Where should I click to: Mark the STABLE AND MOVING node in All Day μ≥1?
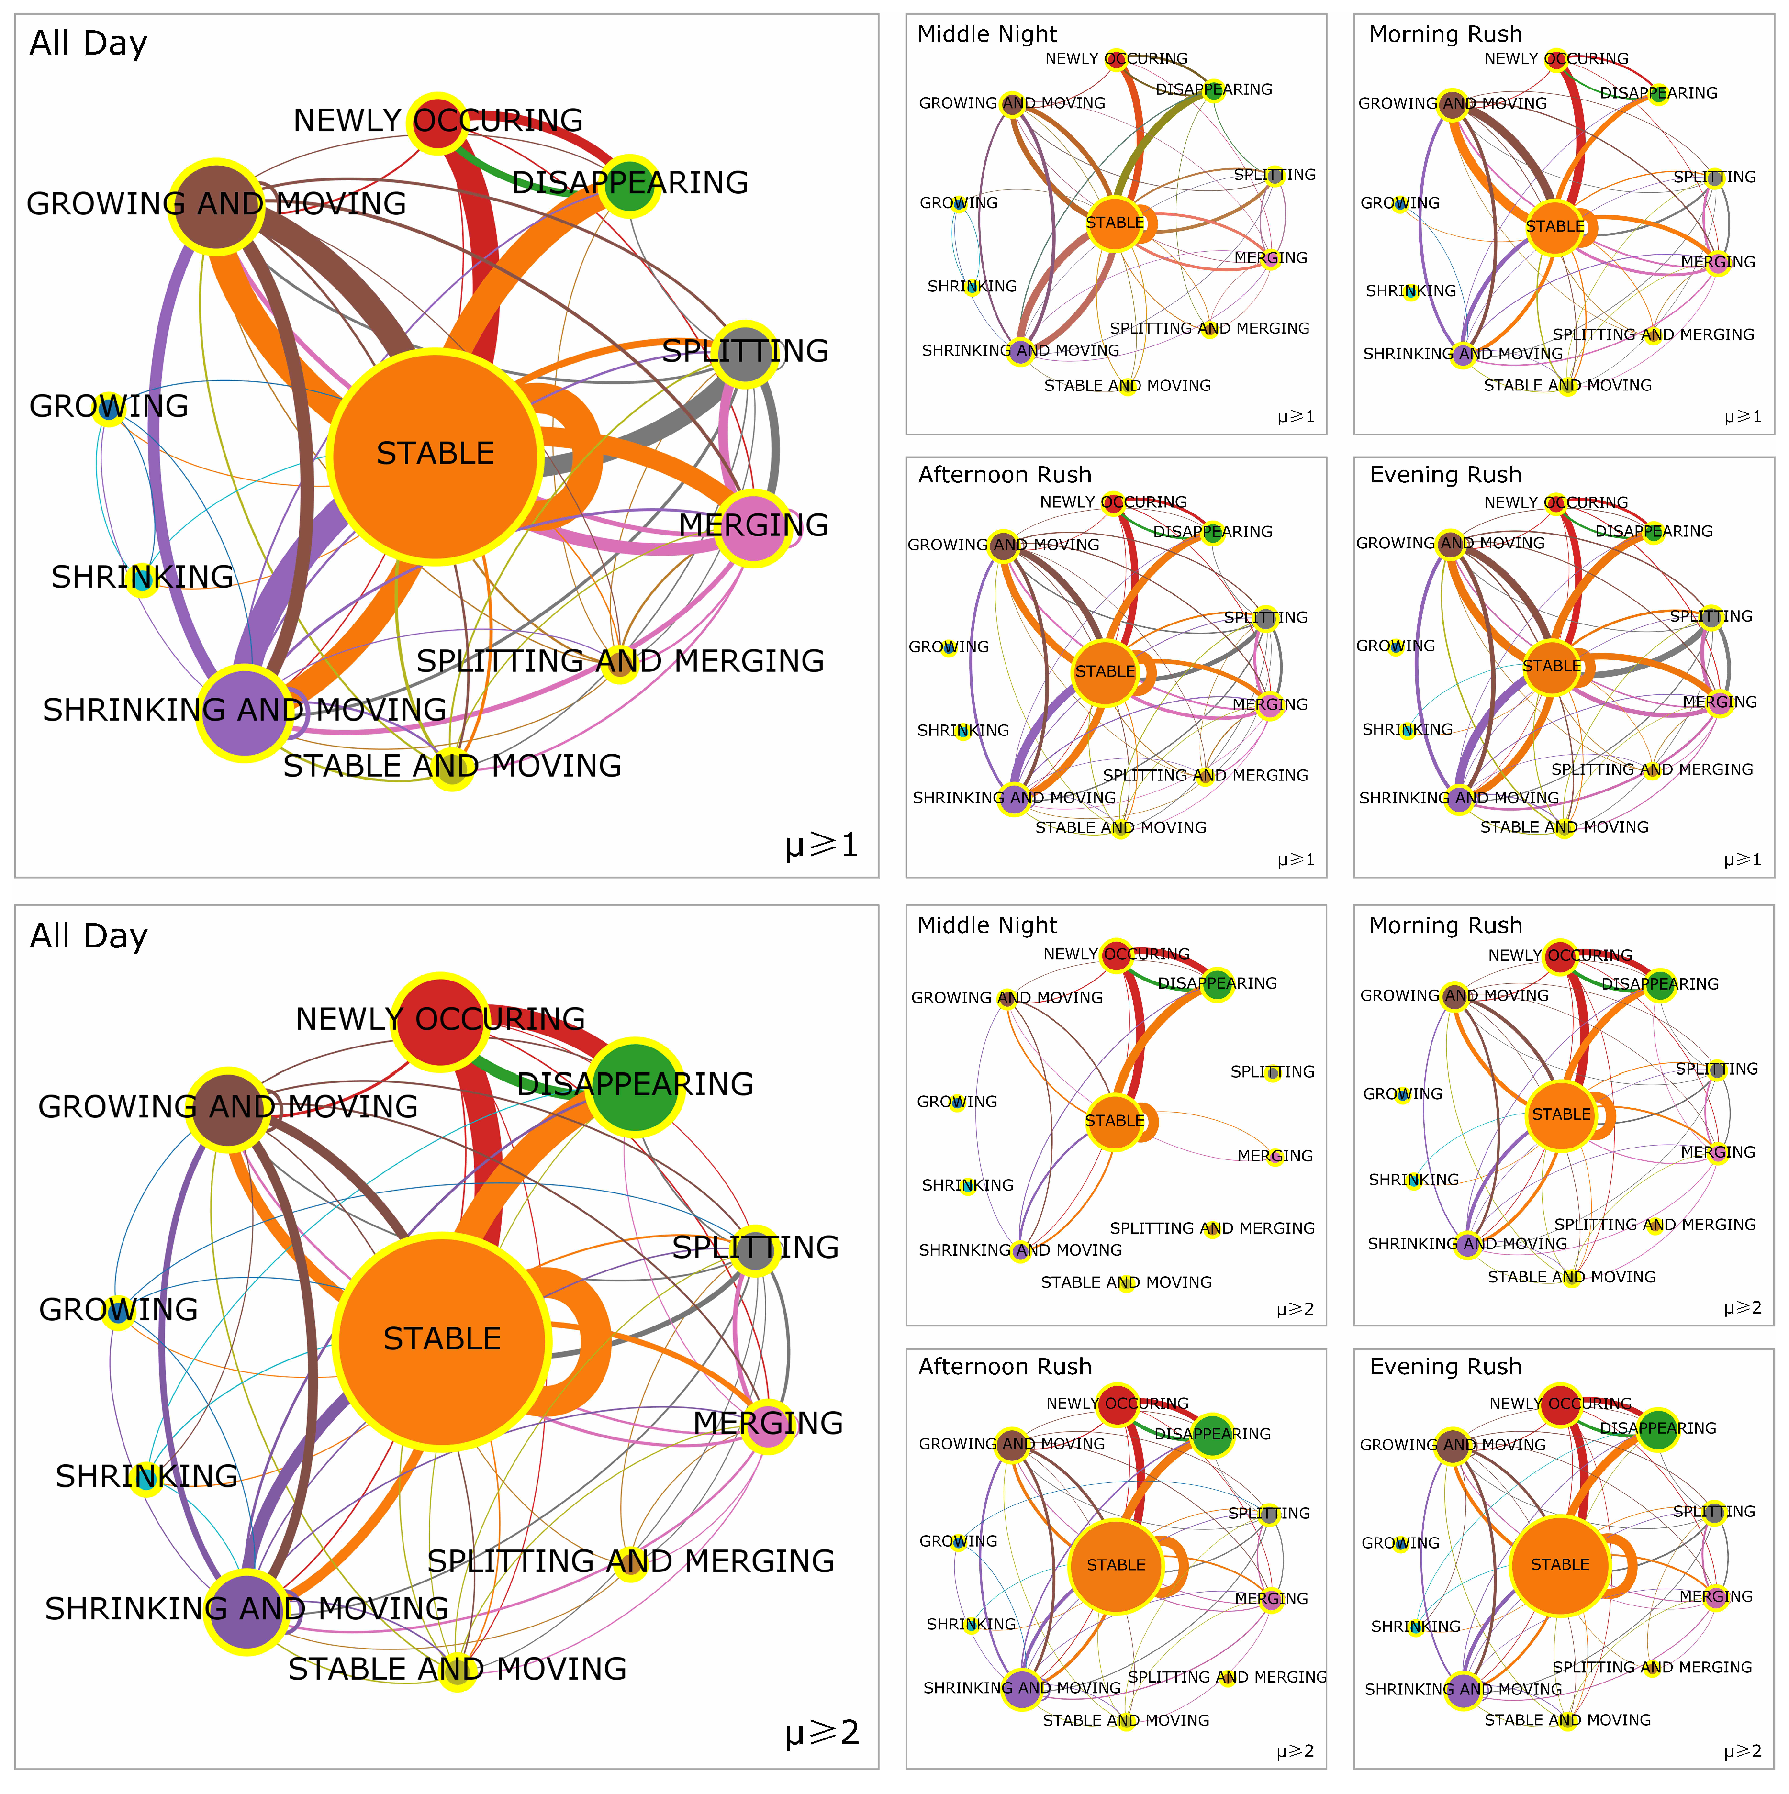[x=451, y=770]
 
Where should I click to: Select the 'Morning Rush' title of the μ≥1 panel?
[x=1445, y=34]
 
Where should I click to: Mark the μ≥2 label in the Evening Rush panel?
[x=1743, y=1751]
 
